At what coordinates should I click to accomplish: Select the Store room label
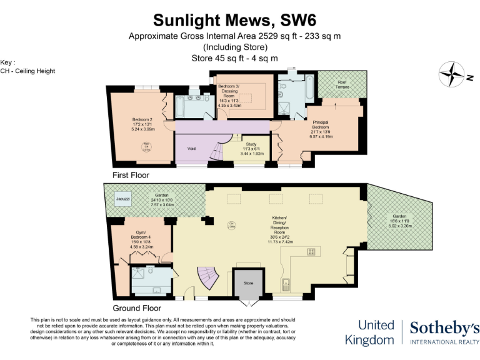249,283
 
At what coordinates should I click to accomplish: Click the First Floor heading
131,175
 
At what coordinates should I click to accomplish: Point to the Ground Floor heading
136,308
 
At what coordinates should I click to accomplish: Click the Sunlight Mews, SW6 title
239,21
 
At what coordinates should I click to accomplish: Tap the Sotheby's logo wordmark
444,327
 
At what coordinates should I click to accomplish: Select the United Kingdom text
376,332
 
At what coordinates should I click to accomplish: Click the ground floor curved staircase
209,279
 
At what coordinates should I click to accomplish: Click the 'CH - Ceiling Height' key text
28,71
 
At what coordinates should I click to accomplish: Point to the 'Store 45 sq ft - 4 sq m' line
239,58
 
